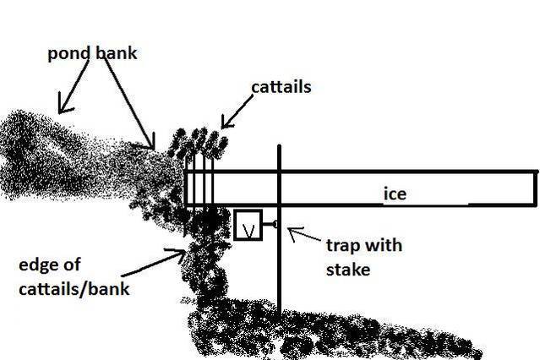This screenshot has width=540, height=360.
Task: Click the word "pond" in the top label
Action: pos(69,54)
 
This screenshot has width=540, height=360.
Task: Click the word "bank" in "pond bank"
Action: pos(117,53)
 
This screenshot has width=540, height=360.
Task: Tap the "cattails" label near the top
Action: pos(281,87)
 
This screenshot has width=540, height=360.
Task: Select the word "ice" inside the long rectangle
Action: pos(395,194)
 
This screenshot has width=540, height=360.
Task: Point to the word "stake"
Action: pos(348,270)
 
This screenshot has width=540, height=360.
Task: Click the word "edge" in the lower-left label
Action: pos(39,265)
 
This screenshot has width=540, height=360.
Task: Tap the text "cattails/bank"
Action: pos(74,289)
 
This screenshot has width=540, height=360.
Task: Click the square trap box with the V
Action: pos(248,225)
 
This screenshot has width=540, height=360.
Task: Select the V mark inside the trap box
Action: pos(248,231)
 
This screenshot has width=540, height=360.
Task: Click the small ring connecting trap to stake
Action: pos(275,225)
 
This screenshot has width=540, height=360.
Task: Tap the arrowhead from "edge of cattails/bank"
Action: pos(178,254)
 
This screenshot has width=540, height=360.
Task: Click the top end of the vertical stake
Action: pos(279,145)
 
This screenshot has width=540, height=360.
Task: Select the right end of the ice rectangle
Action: pos(536,188)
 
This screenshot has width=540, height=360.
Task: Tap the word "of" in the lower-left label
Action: pos(73,264)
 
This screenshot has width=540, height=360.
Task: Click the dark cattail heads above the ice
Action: pos(198,143)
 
